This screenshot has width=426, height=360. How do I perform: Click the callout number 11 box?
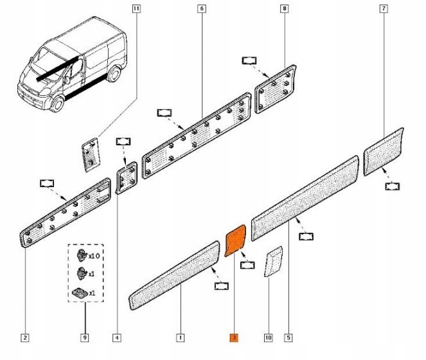tap(136, 9)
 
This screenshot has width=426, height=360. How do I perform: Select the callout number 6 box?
tap(202, 9)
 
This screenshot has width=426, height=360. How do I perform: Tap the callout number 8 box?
tap(284, 9)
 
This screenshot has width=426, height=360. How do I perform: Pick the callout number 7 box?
tap(384, 9)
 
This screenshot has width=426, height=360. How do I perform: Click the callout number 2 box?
tap(24, 337)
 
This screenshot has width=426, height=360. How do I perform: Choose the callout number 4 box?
tap(118, 337)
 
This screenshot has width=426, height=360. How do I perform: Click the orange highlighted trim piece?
tap(235, 240)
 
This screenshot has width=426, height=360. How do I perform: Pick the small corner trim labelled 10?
tap(273, 261)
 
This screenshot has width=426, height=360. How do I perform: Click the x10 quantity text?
tap(95, 255)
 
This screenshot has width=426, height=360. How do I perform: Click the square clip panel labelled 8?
tap(276, 88)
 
